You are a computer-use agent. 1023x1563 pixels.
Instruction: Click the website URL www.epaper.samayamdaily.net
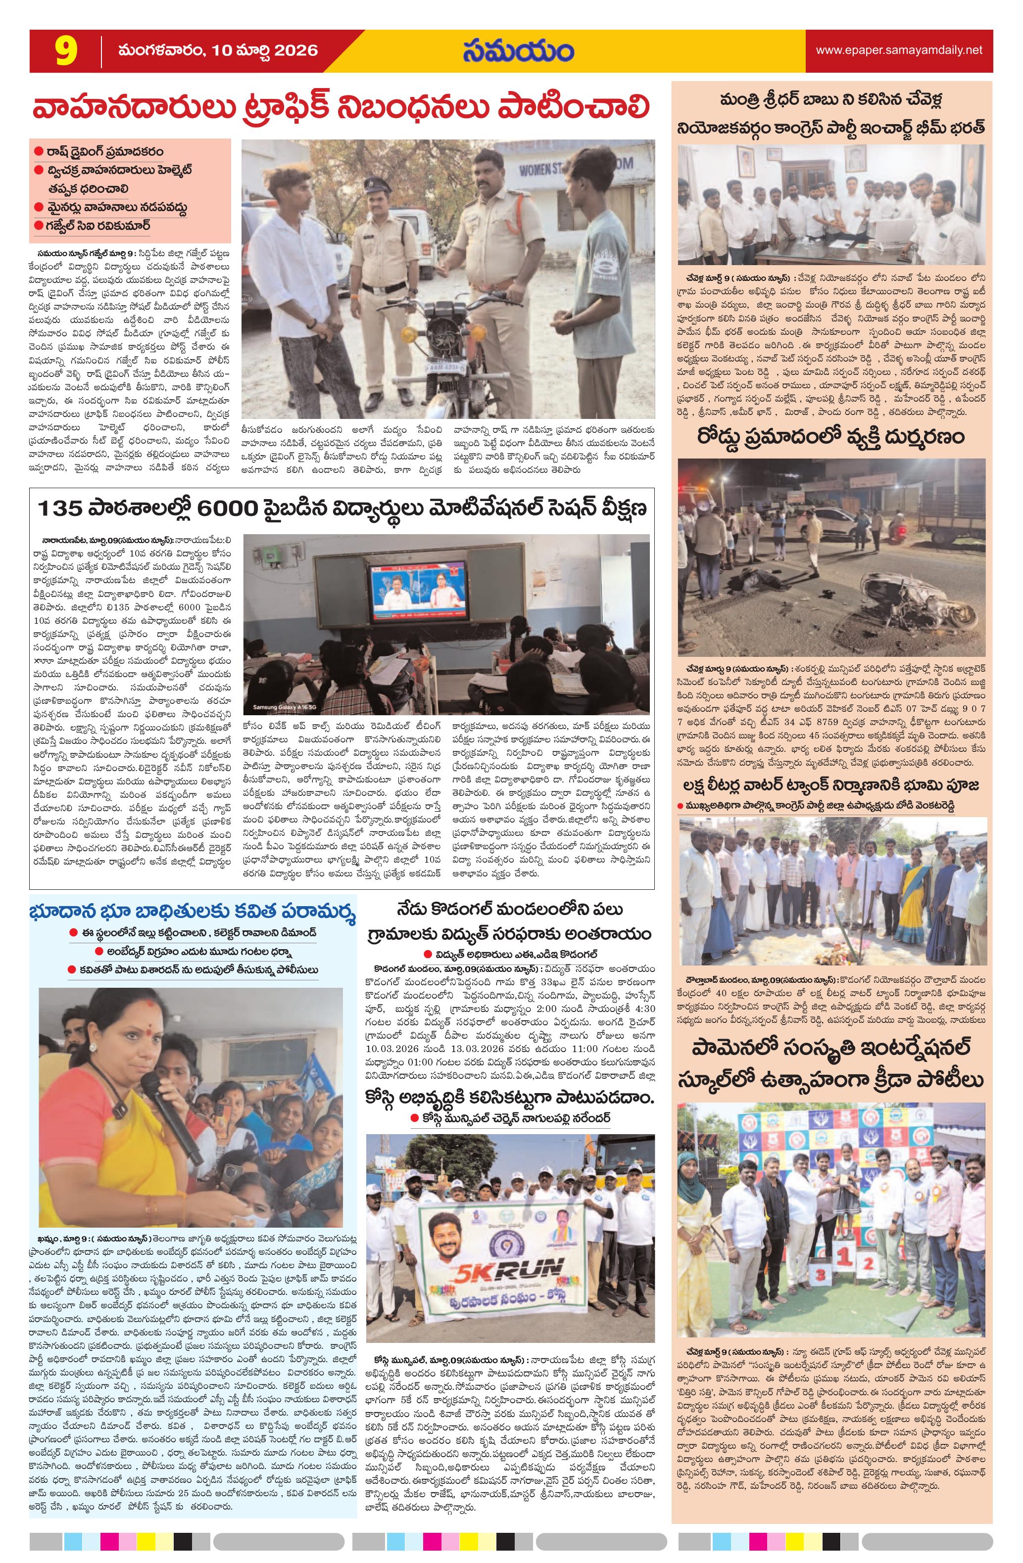click(899, 50)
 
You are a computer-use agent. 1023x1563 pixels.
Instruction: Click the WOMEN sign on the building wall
click(536, 170)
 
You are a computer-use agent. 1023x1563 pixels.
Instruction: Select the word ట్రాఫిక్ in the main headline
click(359, 107)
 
